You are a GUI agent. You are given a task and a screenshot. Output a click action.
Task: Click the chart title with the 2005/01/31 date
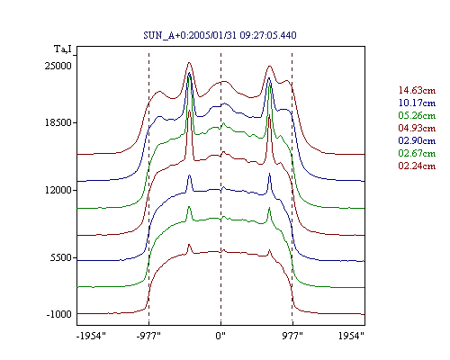point(220,35)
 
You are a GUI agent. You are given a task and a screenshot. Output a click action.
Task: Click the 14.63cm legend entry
point(417,90)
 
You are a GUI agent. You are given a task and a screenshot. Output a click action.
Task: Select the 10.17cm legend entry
point(417,103)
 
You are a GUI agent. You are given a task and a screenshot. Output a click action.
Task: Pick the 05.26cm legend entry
point(417,115)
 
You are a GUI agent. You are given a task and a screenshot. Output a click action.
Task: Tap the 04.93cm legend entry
point(417,128)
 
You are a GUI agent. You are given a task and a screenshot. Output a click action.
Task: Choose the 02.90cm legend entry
point(417,140)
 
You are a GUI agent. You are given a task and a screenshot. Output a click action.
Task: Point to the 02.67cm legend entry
point(417,153)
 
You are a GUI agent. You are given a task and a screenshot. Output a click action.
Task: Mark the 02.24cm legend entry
point(417,166)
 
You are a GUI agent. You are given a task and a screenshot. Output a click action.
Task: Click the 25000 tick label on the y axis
point(58,66)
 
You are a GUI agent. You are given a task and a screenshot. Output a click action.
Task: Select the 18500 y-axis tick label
point(58,122)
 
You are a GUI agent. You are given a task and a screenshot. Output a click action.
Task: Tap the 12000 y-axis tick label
point(58,190)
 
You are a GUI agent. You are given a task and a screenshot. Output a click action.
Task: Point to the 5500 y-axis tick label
point(61,257)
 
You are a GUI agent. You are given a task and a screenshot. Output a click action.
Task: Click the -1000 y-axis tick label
point(59,314)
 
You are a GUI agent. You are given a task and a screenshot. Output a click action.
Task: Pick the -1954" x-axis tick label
point(91,336)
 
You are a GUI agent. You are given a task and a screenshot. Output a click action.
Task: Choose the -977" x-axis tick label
point(148,336)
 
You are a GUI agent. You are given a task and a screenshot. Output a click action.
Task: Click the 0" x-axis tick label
point(220,336)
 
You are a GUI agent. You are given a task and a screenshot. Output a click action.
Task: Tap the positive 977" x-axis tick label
point(292,336)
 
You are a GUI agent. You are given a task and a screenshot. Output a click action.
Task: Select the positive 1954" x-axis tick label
point(351,336)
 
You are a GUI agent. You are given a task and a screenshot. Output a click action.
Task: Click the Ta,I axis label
point(63,49)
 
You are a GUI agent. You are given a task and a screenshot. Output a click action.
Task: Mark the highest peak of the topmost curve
point(189,62)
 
